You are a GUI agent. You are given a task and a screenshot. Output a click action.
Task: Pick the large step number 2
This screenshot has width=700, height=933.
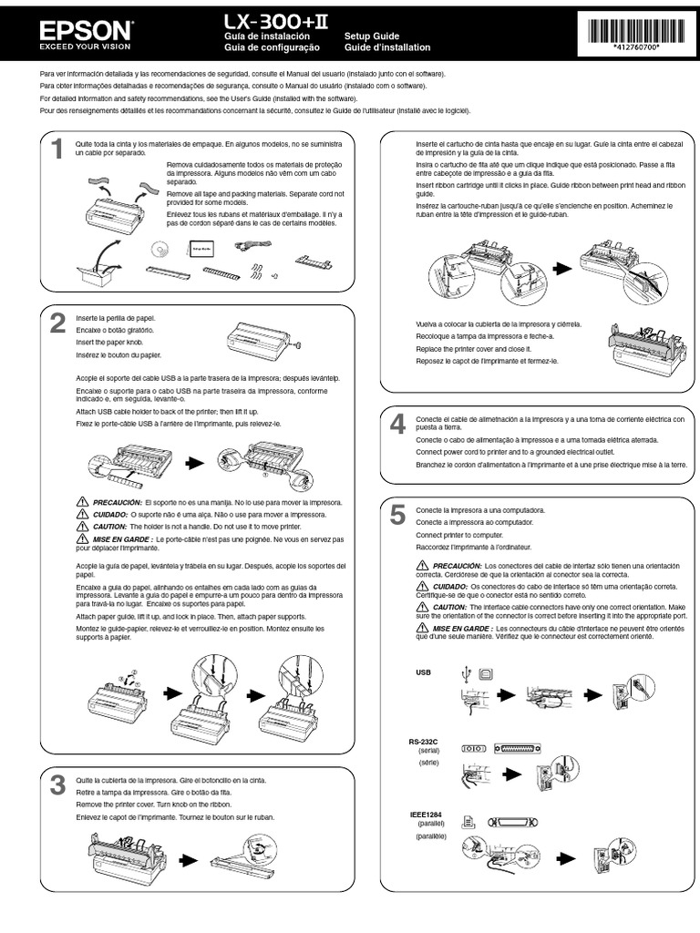[x=57, y=323]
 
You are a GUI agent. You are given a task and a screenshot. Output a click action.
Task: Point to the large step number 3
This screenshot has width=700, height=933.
[x=57, y=785]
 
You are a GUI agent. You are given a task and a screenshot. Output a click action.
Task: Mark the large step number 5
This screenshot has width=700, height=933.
[x=397, y=516]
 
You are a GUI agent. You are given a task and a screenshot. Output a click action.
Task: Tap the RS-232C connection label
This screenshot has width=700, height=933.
[x=424, y=743]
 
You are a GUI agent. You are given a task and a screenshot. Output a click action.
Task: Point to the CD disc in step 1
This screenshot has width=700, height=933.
[x=161, y=248]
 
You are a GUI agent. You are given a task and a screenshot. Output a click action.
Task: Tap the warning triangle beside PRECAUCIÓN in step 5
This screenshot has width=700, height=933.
[x=421, y=566]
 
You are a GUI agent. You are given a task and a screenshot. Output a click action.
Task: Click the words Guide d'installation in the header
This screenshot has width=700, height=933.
[x=387, y=47]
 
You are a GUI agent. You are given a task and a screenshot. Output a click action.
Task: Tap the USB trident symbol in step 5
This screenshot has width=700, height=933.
[x=468, y=674]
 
